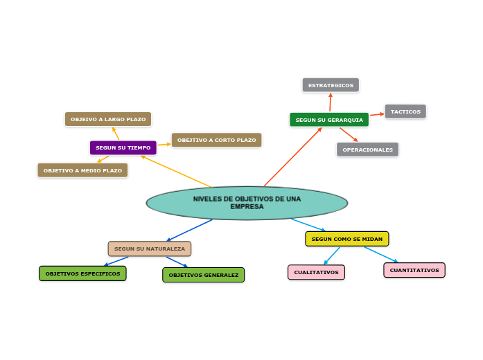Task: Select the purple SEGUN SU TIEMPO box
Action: click(123, 147)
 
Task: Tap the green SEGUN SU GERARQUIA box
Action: click(328, 120)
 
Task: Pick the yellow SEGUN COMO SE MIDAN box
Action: click(346, 239)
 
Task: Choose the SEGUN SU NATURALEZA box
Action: click(149, 249)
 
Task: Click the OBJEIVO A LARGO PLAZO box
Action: click(108, 119)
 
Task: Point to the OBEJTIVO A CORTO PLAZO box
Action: click(216, 140)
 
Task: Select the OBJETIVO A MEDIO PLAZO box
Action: click(82, 170)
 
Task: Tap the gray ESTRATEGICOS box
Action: click(331, 85)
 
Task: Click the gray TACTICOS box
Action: click(405, 111)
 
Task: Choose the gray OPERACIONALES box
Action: click(367, 150)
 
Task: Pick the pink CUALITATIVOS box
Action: click(316, 272)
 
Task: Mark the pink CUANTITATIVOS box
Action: click(414, 270)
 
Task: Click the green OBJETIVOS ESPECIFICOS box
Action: click(82, 273)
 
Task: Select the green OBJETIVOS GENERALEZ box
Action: click(203, 275)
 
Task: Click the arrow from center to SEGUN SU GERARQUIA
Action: click(292, 157)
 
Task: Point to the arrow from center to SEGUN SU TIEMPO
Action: click(176, 171)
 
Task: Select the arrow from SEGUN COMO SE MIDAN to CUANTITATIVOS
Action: click(381, 254)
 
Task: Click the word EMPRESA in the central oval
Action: click(247, 207)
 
